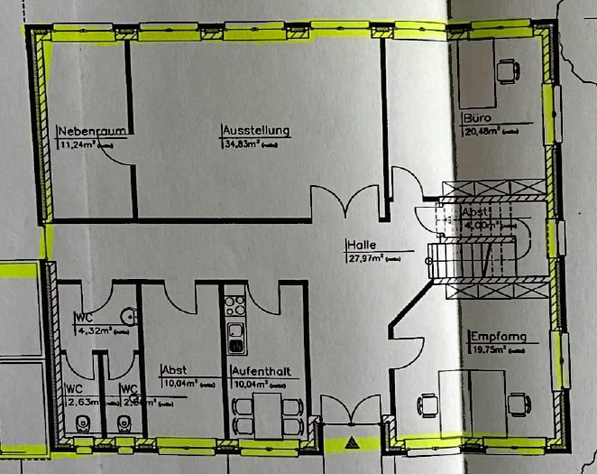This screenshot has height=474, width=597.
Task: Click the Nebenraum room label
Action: coord(89,130)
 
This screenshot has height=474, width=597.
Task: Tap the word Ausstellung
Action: coord(255,130)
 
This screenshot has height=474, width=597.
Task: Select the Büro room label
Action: coord(478,118)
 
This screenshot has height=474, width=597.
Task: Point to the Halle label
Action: coord(360,245)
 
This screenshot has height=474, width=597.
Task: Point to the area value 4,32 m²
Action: coord(90,330)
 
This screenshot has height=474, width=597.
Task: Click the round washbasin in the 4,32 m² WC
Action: coord(132,316)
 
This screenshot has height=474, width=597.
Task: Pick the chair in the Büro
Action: coord(507,69)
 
